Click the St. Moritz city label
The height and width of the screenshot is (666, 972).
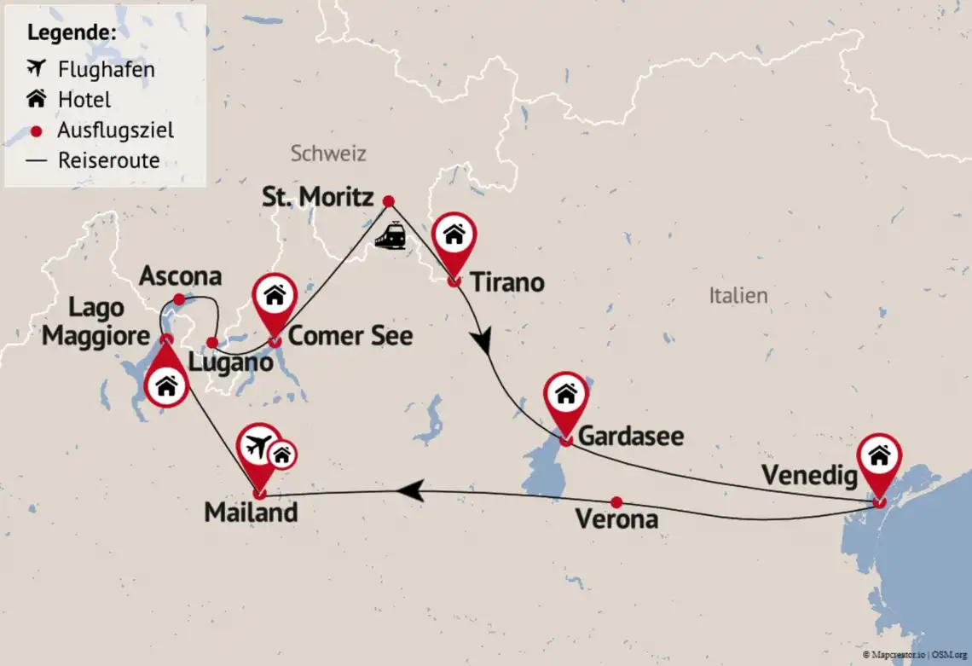tap(318, 199)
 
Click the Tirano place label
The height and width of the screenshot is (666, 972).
tap(506, 282)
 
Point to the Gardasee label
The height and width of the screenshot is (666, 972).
tap(631, 437)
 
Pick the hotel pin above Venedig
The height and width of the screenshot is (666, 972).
tap(879, 456)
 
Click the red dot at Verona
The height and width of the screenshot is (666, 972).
tap(616, 502)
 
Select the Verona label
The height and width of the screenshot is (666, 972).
tap(616, 519)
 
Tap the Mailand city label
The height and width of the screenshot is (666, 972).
tap(251, 513)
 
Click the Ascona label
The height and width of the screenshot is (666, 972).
tap(180, 276)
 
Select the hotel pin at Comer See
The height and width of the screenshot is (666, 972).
tap(275, 295)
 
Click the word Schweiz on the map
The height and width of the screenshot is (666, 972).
tap(328, 153)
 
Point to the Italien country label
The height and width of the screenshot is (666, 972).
tap(738, 296)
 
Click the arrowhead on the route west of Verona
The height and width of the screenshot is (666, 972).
tap(410, 490)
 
